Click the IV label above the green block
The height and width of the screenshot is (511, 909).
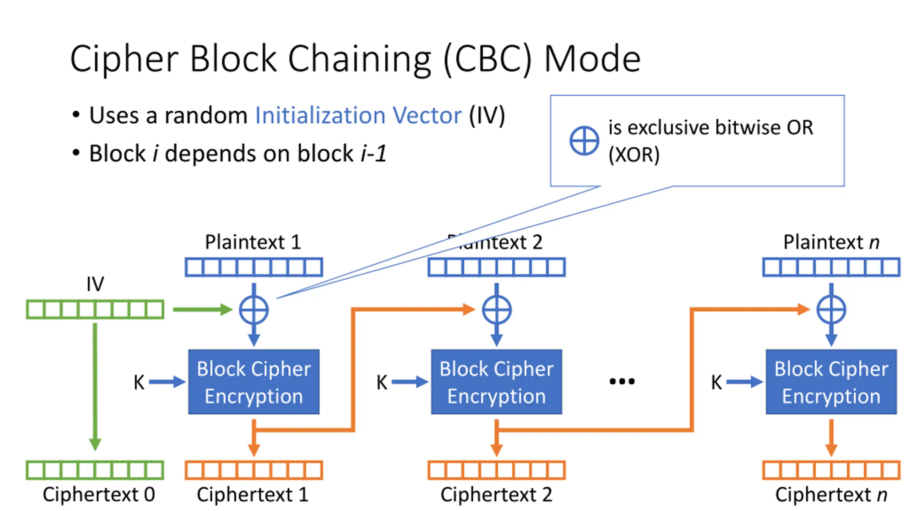(95, 284)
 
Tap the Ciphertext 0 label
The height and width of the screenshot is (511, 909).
(99, 494)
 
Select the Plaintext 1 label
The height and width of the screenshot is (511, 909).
(253, 242)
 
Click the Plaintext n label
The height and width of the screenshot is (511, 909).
(831, 242)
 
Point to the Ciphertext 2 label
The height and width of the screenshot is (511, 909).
(496, 494)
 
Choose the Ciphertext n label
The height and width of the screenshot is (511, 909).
(831, 494)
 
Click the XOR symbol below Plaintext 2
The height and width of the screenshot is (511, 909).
(496, 310)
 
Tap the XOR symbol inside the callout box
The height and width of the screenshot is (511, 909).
(584, 141)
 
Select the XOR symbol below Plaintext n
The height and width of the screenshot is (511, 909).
(831, 310)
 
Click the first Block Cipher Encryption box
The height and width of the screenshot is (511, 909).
(254, 382)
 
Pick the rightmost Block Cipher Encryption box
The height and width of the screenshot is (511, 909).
(831, 382)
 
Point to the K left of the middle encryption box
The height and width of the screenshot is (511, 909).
(382, 383)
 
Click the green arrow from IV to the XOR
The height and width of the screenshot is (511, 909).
(202, 309)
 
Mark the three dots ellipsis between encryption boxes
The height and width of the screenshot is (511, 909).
(622, 381)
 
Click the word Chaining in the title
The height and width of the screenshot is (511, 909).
(359, 59)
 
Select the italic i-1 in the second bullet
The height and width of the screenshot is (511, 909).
(374, 153)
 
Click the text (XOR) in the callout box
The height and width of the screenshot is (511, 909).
(634, 155)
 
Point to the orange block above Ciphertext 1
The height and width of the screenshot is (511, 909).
(254, 470)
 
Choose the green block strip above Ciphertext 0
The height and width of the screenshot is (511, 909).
(95, 470)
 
